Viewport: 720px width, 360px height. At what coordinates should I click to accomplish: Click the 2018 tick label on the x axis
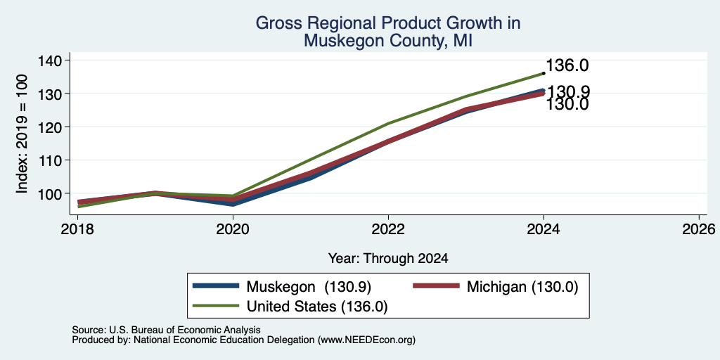77,229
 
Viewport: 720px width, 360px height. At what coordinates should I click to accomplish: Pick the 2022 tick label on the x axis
388,229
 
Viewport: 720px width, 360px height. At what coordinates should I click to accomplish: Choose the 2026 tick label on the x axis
699,229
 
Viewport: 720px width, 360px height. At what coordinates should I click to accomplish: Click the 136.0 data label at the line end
567,65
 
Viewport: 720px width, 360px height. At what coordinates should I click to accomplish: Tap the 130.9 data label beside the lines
568,92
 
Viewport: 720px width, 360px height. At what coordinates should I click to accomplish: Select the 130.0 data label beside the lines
567,104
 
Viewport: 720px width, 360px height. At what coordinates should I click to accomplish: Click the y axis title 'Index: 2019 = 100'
22,134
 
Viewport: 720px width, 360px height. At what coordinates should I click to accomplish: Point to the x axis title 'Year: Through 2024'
388,259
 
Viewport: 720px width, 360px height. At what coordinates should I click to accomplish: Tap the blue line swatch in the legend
217,286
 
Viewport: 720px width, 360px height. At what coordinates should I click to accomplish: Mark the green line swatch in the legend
217,305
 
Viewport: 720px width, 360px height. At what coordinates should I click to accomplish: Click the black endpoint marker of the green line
544,73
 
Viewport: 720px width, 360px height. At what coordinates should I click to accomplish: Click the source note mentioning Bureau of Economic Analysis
166,330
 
